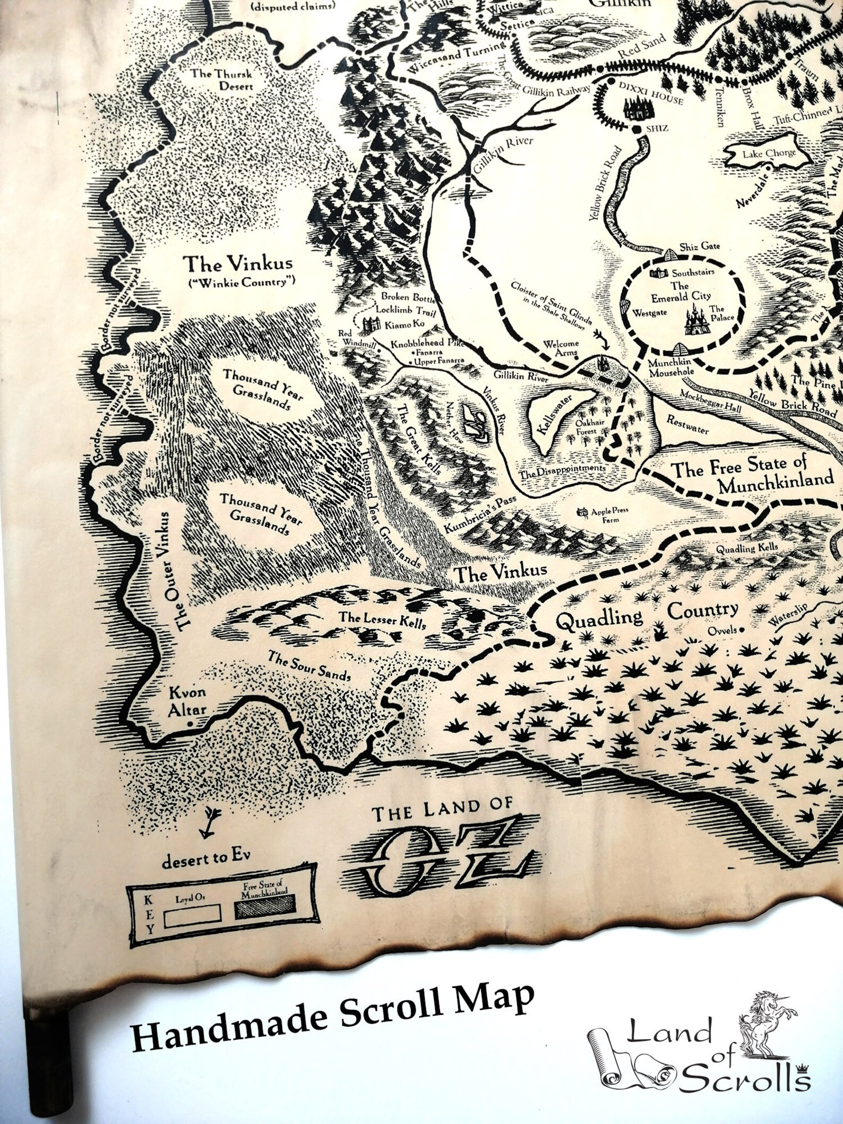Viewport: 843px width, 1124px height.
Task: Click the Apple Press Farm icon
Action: (583, 512)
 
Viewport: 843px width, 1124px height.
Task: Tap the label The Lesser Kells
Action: (382, 620)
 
